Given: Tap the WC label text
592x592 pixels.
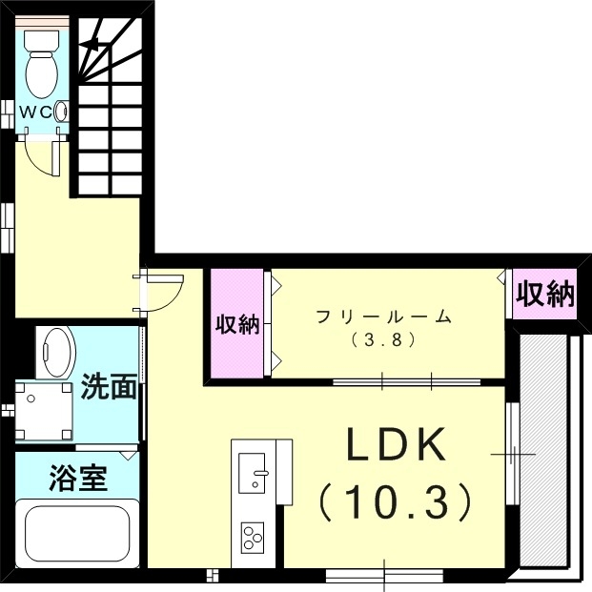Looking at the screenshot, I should pos(38,112).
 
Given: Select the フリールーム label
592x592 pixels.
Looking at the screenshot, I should pos(384,317).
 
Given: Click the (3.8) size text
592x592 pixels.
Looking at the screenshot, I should pos(384,338).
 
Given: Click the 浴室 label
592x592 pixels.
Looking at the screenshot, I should pos(79,477).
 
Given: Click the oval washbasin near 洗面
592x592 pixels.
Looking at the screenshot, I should pos(59,354).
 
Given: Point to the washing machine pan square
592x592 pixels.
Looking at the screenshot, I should pos(41,411).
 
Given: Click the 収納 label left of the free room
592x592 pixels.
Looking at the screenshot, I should pos(235,324).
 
